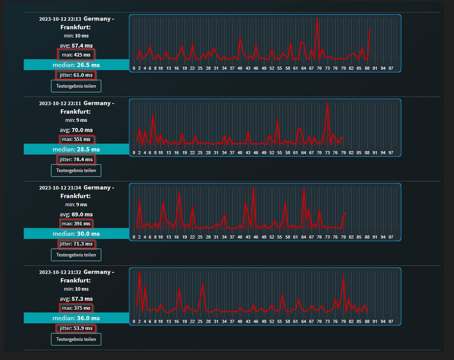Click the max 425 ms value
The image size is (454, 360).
click(x=76, y=55)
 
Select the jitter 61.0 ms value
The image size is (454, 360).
click(x=76, y=75)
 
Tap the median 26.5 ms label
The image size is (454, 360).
click(x=76, y=65)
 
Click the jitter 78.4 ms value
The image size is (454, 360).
click(x=76, y=159)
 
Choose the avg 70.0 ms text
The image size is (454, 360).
click(x=76, y=130)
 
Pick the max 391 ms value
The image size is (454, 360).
click(x=76, y=224)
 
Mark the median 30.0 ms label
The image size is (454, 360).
click(x=76, y=234)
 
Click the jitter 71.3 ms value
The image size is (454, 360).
click(x=76, y=244)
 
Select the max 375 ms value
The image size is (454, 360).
click(x=76, y=308)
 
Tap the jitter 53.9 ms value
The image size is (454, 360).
click(x=76, y=328)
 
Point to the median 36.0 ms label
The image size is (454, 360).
click(x=76, y=318)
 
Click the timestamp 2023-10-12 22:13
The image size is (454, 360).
click(x=60, y=19)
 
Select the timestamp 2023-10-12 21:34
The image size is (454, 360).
click(x=60, y=188)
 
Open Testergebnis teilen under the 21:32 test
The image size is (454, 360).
click(x=76, y=339)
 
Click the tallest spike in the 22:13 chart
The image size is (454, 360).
click(x=317, y=19)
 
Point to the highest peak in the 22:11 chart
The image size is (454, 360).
click(x=327, y=104)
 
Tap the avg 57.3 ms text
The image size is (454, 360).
click(x=76, y=299)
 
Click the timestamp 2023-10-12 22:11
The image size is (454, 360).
click(x=60, y=104)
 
